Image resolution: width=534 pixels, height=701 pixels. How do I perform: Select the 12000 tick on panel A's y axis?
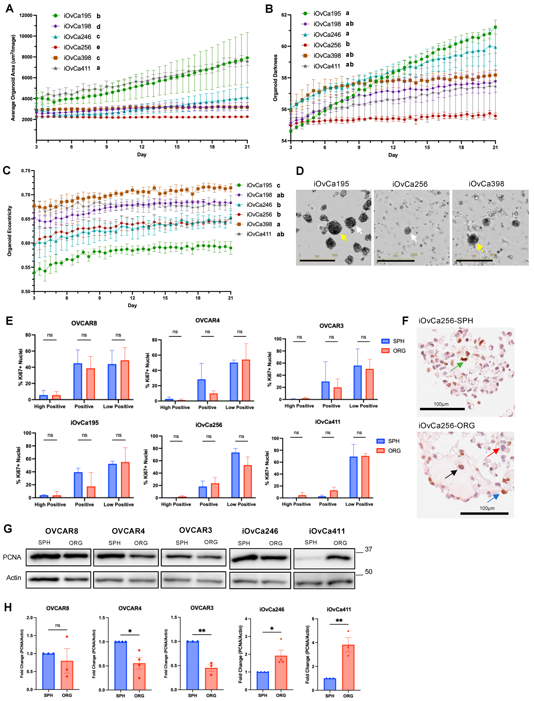pyautogui.click(x=26, y=15)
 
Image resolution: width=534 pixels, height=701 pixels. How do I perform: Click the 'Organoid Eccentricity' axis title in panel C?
pyautogui.click(x=10, y=231)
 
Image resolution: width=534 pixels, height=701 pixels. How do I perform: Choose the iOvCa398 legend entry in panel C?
pyautogui.click(x=259, y=224)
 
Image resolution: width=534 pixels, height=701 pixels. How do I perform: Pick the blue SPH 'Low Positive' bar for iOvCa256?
pyautogui.click(x=236, y=475)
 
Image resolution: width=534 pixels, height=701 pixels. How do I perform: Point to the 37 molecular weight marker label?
pyautogui.click(x=368, y=549)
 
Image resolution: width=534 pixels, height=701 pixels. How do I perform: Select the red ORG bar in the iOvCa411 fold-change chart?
pyautogui.click(x=348, y=667)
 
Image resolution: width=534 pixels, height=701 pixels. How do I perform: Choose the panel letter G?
pyautogui.click(x=8, y=529)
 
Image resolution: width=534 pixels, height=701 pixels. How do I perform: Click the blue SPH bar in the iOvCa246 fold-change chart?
pyautogui.click(x=263, y=681)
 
